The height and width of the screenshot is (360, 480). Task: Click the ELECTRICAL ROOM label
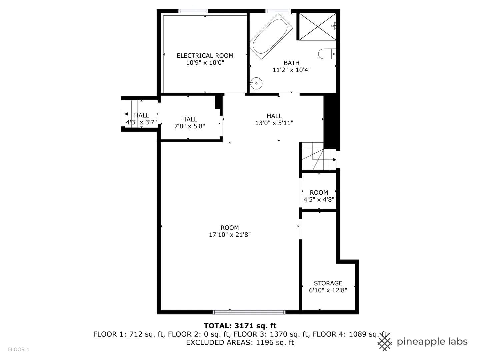click(x=205, y=56)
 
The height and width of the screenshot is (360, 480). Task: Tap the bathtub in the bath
click(x=271, y=36)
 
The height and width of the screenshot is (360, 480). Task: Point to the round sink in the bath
click(x=256, y=83)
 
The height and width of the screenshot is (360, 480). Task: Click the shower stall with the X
click(x=318, y=27)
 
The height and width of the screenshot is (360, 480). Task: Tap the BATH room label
click(x=291, y=63)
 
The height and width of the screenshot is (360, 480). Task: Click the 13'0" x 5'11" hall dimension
click(x=274, y=123)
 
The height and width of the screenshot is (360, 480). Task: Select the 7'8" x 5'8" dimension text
click(x=190, y=126)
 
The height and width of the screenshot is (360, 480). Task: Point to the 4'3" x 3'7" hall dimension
click(x=141, y=122)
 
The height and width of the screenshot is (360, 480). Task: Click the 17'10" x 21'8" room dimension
click(x=230, y=235)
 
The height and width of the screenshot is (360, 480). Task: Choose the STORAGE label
click(x=328, y=283)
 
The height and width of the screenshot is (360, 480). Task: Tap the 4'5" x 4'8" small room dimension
click(x=319, y=199)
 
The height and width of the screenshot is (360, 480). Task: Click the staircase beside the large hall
click(x=319, y=156)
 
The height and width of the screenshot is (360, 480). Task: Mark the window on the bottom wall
click(x=249, y=312)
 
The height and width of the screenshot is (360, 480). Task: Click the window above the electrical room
click(x=193, y=11)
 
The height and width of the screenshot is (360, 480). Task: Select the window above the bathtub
click(x=278, y=11)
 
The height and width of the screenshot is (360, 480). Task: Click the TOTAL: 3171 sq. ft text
click(x=240, y=326)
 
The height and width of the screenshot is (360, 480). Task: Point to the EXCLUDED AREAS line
click(x=240, y=342)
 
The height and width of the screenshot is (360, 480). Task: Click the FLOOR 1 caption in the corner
click(x=19, y=350)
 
